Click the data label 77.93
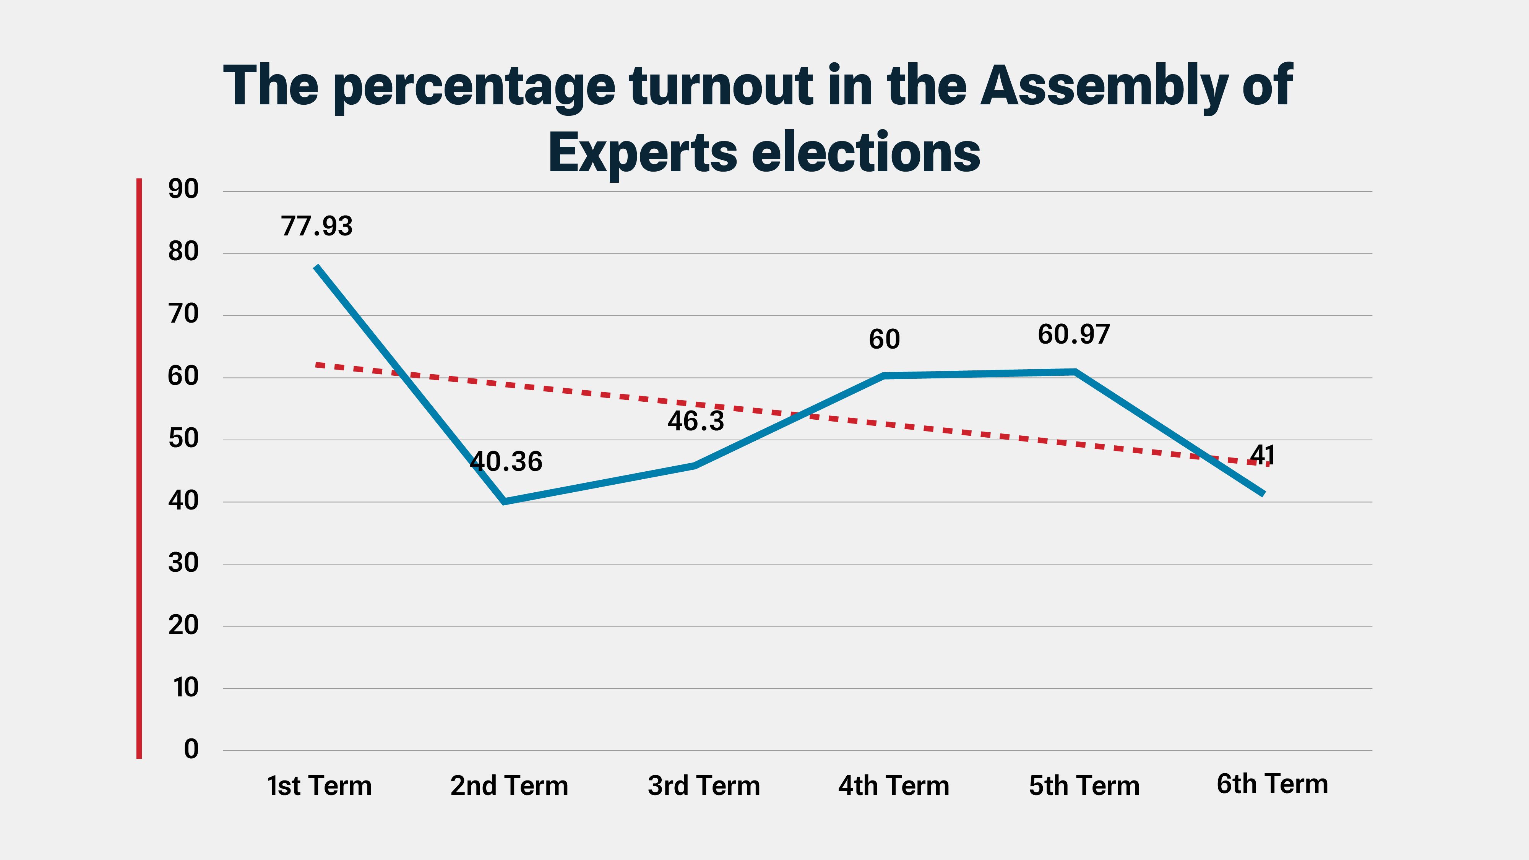point(317,226)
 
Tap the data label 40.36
point(506,462)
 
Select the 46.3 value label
point(696,421)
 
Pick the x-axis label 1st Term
point(319,786)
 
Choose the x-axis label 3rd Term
point(704,786)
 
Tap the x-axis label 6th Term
point(1272,784)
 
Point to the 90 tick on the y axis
point(183,189)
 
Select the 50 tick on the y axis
point(183,439)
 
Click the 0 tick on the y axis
point(190,750)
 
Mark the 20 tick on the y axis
point(183,625)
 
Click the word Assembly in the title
point(1104,87)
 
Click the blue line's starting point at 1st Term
point(317,267)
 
